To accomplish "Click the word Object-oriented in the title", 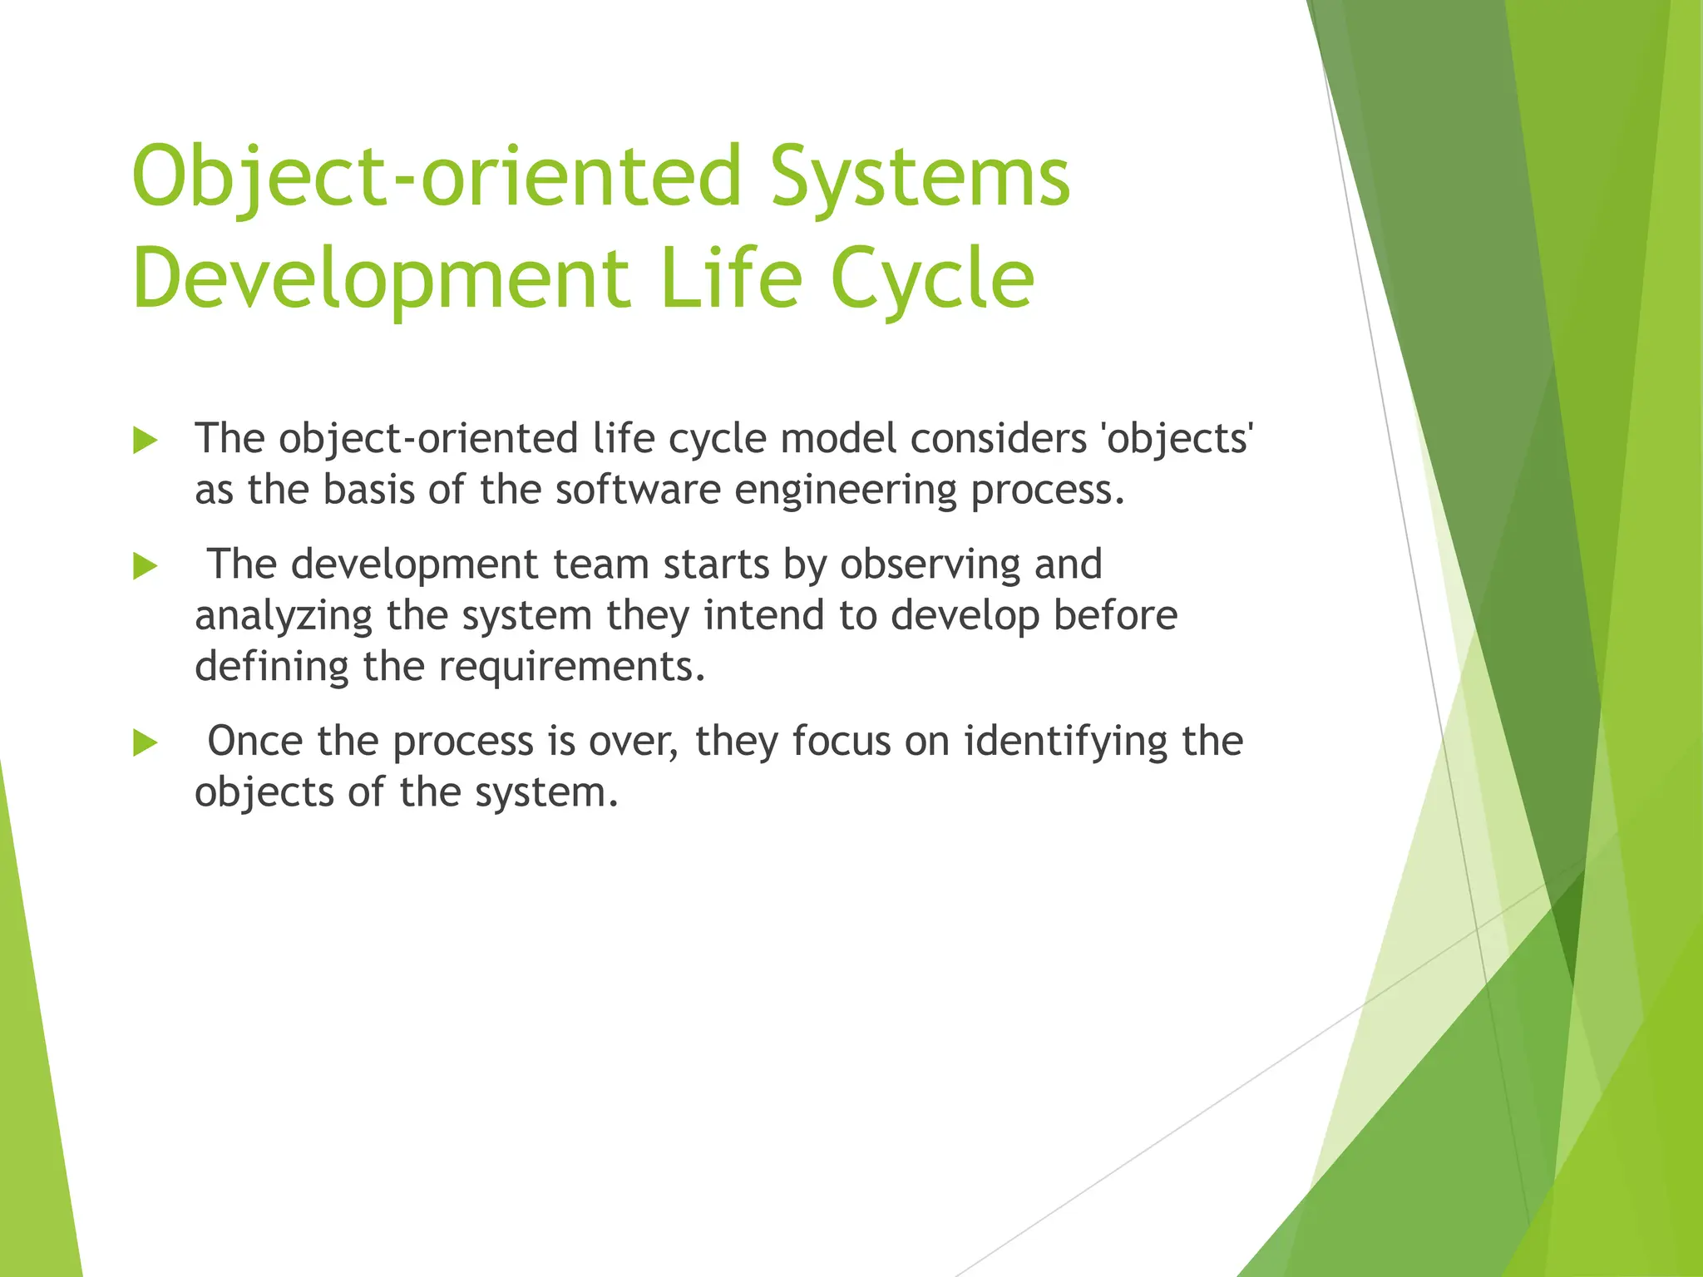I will pyautogui.click(x=437, y=176).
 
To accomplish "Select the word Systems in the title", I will pyautogui.click(x=921, y=176).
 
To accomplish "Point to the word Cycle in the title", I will pyautogui.click(x=932, y=279).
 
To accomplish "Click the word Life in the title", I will pyautogui.click(x=731, y=279).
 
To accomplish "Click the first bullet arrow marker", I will pyautogui.click(x=145, y=441).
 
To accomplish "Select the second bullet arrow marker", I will pyautogui.click(x=145, y=567).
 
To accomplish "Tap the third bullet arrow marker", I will pyautogui.click(x=145, y=743).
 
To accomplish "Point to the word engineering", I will pyautogui.click(x=845, y=490).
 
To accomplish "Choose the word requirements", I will pyautogui.click(x=571, y=667).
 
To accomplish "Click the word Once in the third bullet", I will pyautogui.click(x=254, y=741).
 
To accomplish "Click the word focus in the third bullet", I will pyautogui.click(x=841, y=741).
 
